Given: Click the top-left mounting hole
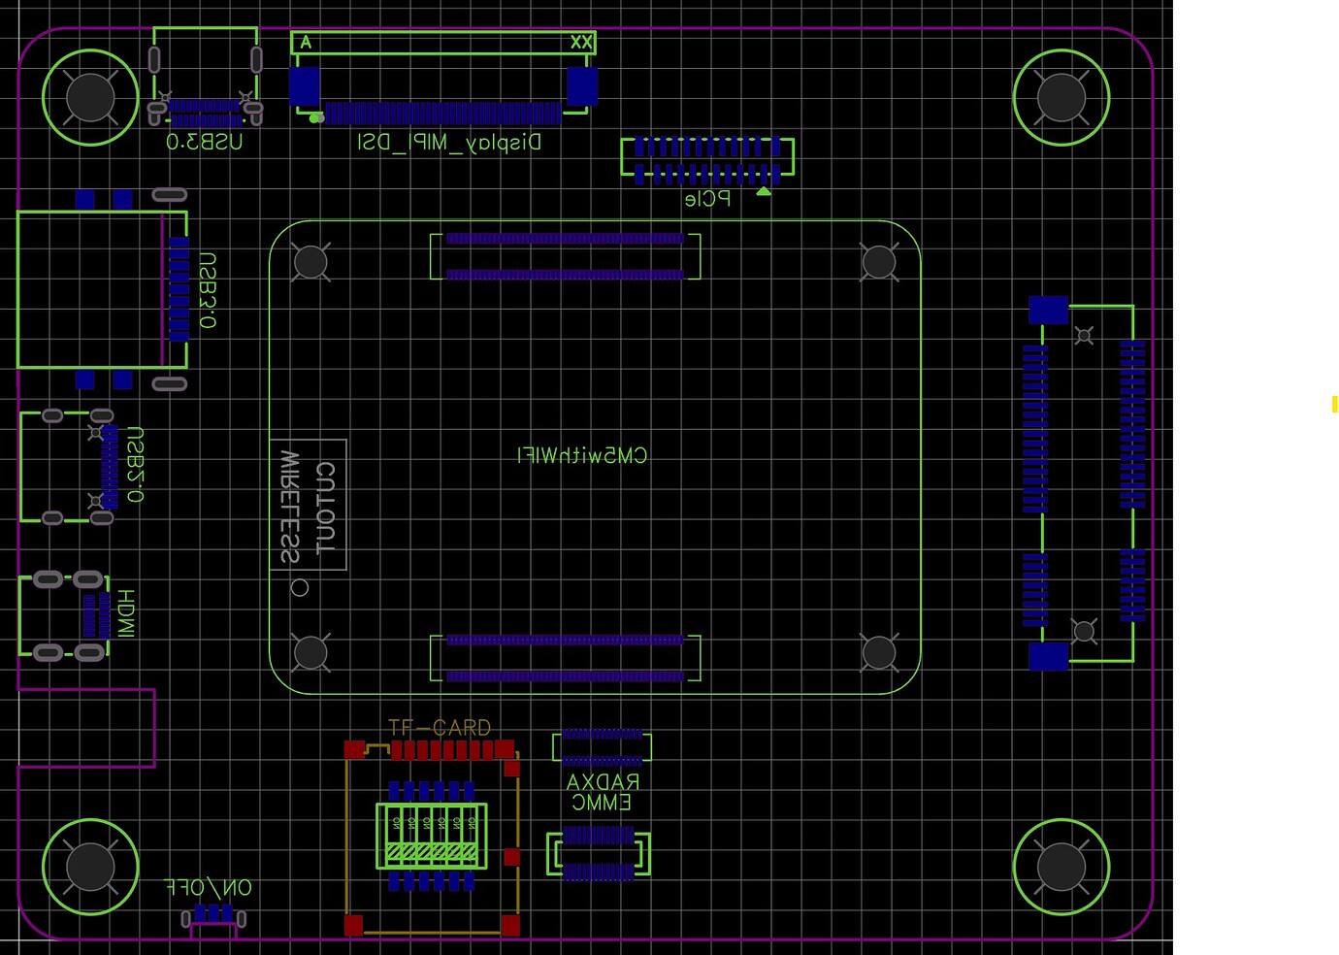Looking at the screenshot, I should tap(90, 97).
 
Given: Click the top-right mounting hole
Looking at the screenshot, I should tap(1061, 97).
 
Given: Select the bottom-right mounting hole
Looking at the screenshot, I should tap(1061, 867).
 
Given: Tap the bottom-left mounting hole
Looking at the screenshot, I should tap(90, 867).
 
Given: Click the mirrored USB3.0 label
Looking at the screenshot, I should tap(204, 142).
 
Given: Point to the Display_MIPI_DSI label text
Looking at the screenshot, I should tap(449, 143).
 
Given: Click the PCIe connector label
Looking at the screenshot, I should tap(707, 199).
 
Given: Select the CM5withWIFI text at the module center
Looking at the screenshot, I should tap(582, 455).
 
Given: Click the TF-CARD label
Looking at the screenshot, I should tap(440, 727).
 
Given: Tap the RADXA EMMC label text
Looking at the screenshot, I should tap(602, 792).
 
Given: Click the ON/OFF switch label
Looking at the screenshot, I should tap(209, 887).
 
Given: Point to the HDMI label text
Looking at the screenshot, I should tap(126, 612).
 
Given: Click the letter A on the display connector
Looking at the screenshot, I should tap(306, 43).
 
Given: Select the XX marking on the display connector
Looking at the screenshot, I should tap(580, 43).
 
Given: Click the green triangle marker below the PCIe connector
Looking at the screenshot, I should tap(764, 191).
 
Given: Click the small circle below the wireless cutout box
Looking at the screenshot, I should tap(300, 587).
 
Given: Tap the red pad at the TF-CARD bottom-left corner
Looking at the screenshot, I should tap(353, 925).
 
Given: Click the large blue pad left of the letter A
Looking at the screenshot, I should tap(305, 85).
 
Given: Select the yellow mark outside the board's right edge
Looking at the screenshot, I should tap(1335, 404).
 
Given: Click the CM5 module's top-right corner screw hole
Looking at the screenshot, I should tap(878, 262).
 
